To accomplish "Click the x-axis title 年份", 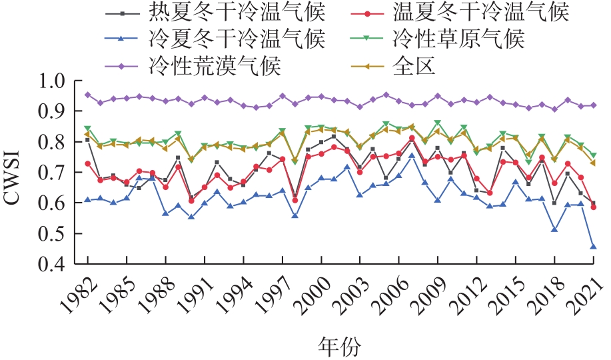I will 340,347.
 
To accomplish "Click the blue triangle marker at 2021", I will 593,247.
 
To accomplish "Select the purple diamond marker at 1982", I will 87,95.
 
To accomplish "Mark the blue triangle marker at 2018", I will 554,229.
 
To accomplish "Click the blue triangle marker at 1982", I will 87,199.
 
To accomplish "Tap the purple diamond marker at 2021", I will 593,105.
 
